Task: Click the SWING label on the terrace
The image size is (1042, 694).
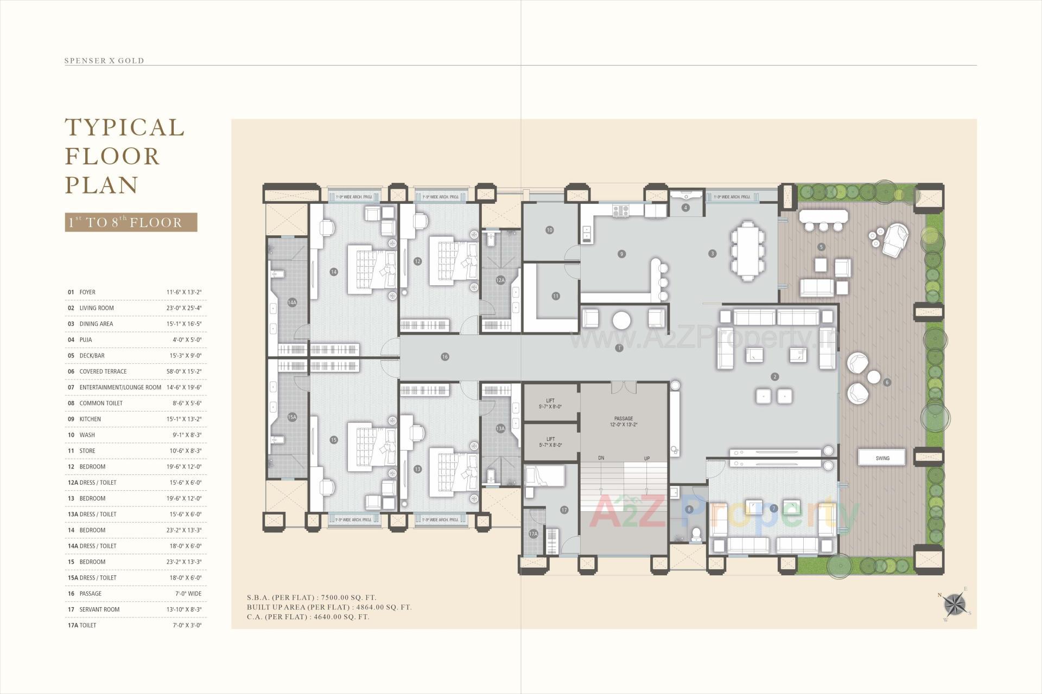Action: point(882,458)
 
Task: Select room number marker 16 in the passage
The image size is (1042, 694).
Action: point(445,357)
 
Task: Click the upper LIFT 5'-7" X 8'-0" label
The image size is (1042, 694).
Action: point(550,403)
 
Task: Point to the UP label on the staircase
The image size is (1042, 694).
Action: point(647,459)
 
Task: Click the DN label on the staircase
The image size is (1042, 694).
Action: point(601,459)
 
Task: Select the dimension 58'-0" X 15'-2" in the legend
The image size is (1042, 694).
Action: point(184,371)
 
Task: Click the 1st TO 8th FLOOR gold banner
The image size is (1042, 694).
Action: point(131,222)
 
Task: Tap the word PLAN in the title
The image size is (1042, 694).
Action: point(102,185)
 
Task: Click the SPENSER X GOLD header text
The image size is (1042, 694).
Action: point(104,61)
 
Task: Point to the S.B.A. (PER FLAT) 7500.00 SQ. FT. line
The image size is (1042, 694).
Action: point(311,597)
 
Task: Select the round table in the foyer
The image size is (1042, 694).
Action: point(621,320)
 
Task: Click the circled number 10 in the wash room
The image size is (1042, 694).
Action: point(549,230)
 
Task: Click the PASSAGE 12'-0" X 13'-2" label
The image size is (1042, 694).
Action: point(624,421)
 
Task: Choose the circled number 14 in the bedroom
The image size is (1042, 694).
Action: point(333,272)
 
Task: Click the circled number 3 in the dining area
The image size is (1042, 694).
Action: point(713,253)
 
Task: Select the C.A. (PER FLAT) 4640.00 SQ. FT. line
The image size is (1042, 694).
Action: point(308,617)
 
